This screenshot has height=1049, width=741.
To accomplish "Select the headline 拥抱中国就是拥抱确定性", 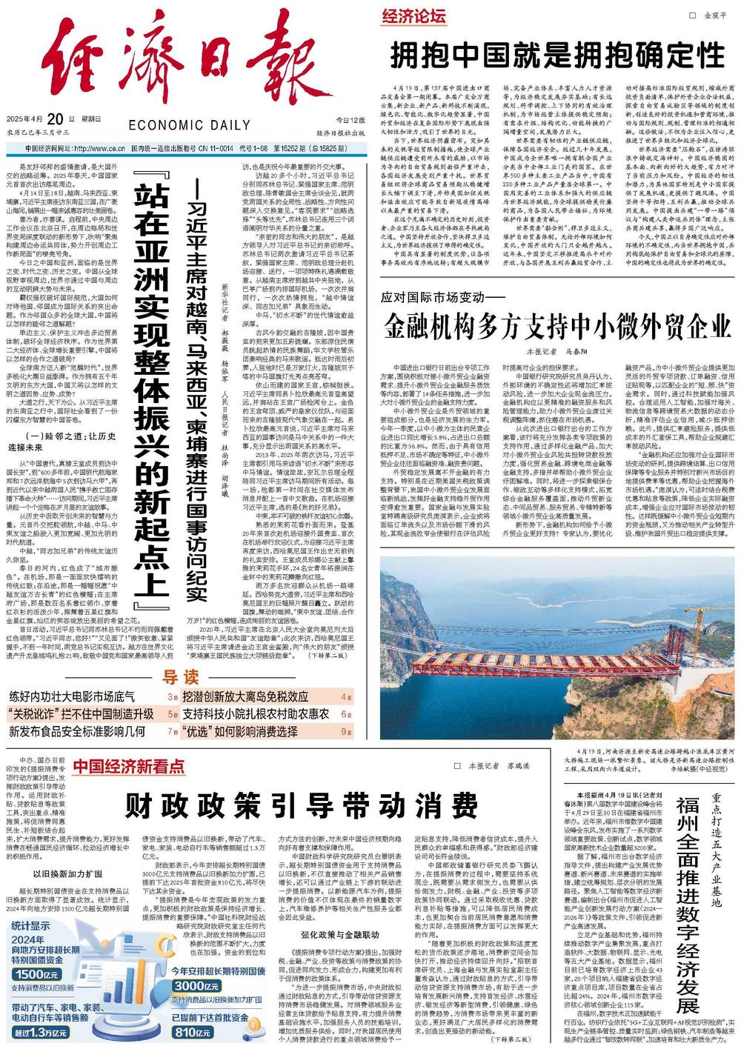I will pyautogui.click(x=556, y=55).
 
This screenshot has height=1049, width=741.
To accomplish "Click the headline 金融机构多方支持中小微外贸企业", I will pyautogui.click(x=556, y=325).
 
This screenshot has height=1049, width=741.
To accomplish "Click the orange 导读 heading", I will pyautogui.click(x=181, y=677).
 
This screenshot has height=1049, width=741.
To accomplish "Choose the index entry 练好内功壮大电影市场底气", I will pyautogui.click(x=72, y=696).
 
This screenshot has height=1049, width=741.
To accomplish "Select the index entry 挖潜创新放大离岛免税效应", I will pyautogui.click(x=245, y=696).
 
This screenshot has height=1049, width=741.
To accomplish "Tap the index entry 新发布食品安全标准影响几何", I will pyautogui.click(x=77, y=731).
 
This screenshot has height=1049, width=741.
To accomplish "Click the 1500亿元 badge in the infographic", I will pyautogui.click(x=36, y=974).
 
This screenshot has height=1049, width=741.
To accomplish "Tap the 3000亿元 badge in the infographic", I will pyautogui.click(x=196, y=986).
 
